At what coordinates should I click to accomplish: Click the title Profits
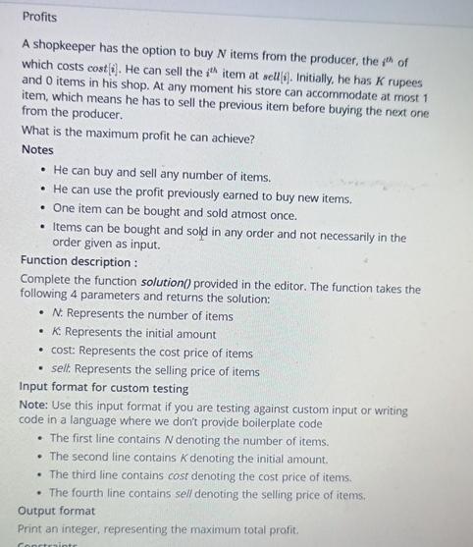coord(39,17)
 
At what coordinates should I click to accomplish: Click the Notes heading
coord(37,149)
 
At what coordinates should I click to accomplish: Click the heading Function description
coord(78,262)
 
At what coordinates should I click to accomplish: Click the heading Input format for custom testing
coord(104,388)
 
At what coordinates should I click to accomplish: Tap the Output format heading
coord(57,511)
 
